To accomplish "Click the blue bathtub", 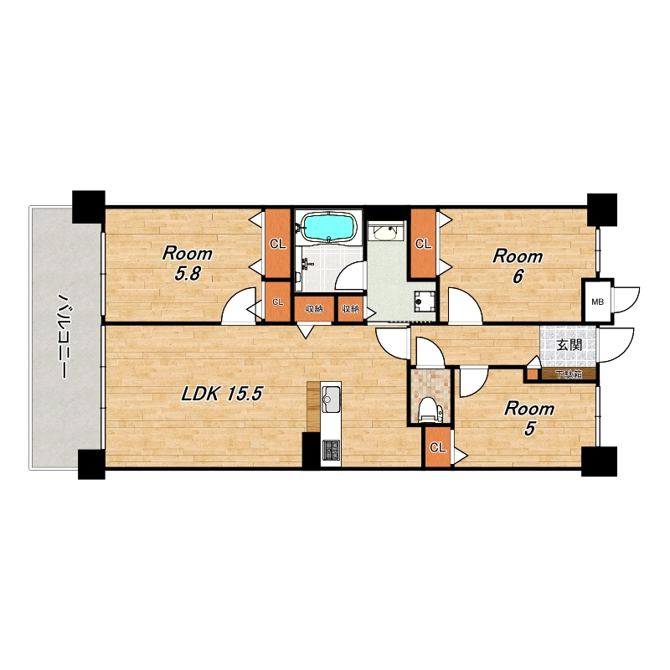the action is pyautogui.click(x=328, y=227).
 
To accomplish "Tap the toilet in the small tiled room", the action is pyautogui.click(x=430, y=410).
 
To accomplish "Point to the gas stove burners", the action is pyautogui.click(x=331, y=450).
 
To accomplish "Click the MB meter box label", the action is pyautogui.click(x=597, y=301).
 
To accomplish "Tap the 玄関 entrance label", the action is pyautogui.click(x=569, y=345).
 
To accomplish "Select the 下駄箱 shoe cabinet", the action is pyautogui.click(x=569, y=374).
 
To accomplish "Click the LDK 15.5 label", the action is pyautogui.click(x=221, y=394).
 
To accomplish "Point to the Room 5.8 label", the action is pyautogui.click(x=187, y=263).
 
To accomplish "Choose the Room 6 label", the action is pyautogui.click(x=518, y=266).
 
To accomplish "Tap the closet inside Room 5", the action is pyautogui.click(x=437, y=447).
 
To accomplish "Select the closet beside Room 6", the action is pyautogui.click(x=424, y=244).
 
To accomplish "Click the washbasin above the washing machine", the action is pyautogui.click(x=385, y=233).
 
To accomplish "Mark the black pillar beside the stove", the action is pyautogui.click(x=311, y=450).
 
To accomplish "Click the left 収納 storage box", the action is pyautogui.click(x=313, y=308).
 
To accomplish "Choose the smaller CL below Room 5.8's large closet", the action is pyautogui.click(x=278, y=301).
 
